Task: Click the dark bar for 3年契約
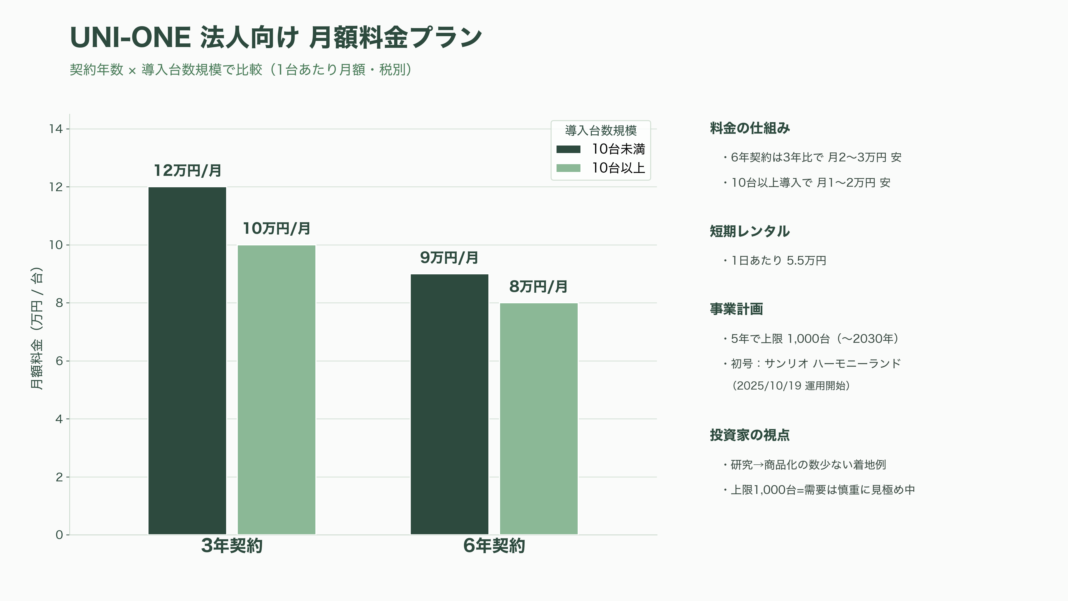[x=187, y=361]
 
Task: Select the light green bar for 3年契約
[x=276, y=390]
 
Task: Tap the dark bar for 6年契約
[x=449, y=404]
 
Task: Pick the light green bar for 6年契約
[x=538, y=419]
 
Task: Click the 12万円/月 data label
[x=187, y=171]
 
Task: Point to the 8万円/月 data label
[x=538, y=287]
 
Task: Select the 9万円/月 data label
[x=449, y=258]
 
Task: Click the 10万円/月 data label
[x=276, y=228]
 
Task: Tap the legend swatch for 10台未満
[x=568, y=149]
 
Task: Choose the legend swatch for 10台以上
[x=568, y=168]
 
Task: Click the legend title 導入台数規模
[x=601, y=131]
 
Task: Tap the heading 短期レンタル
[x=750, y=231]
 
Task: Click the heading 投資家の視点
[x=750, y=435]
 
